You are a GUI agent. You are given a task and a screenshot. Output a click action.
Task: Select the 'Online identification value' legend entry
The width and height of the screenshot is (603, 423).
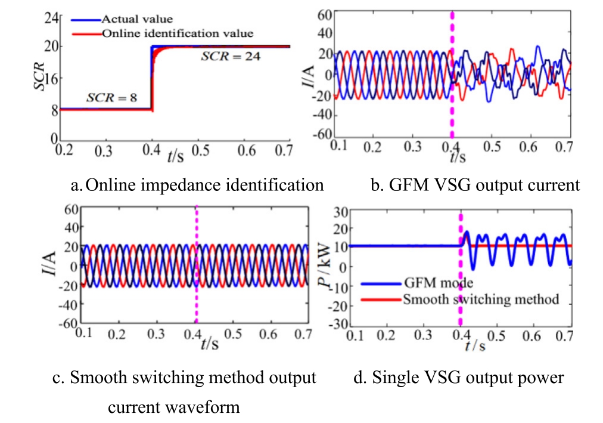177,33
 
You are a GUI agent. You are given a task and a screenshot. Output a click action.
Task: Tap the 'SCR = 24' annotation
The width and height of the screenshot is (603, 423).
230,57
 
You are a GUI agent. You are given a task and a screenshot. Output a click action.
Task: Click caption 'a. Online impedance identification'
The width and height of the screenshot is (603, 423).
197,186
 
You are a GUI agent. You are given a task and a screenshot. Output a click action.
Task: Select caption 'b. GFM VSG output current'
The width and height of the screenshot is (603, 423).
474,186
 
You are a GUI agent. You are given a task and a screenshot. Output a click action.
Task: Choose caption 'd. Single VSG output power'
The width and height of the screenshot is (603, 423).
468,378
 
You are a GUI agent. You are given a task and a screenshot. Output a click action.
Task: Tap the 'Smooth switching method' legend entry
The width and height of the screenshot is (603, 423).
480,298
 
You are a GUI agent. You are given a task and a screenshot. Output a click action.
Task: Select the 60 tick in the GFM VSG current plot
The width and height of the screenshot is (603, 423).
324,15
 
